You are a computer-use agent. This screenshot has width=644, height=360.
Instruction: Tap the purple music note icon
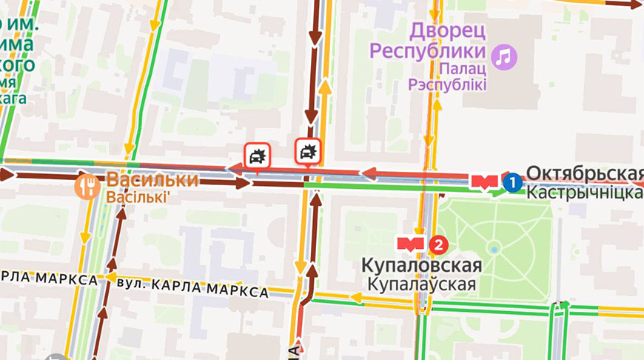506,56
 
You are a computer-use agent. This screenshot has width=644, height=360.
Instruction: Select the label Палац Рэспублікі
447,77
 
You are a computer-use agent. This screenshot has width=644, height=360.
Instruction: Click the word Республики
428,51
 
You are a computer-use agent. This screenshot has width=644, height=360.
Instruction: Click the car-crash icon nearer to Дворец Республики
307,152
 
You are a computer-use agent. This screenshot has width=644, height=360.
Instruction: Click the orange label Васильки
152,180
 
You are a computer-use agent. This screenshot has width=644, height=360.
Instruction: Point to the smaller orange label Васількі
138,198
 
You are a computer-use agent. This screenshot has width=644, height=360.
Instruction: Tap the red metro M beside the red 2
411,243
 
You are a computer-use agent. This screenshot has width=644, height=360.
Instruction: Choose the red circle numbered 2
439,243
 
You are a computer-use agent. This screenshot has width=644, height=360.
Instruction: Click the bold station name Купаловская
421,265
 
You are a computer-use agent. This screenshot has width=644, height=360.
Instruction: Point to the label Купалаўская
421,284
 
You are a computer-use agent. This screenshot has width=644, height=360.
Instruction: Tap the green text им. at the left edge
23,26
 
